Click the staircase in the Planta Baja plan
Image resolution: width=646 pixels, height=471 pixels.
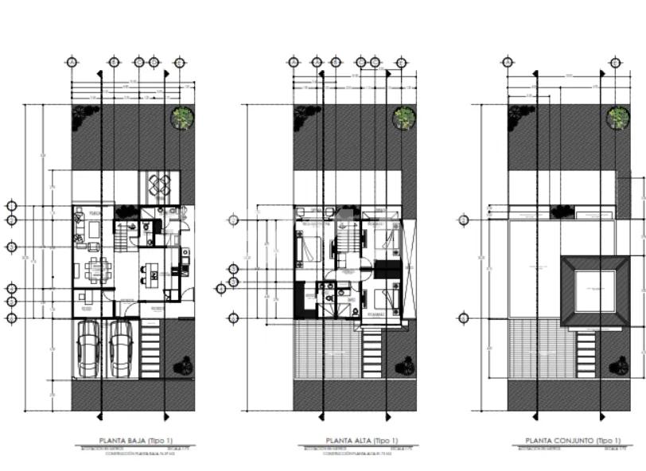[123, 235]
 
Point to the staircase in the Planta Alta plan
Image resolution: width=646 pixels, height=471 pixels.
[345, 239]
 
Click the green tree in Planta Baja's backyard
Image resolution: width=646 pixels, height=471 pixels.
[184, 118]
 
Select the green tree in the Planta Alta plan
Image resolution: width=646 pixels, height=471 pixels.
[405, 118]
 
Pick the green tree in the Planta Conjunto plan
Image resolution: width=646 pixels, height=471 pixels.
[618, 118]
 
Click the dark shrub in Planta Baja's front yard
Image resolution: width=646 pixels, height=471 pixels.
[185, 365]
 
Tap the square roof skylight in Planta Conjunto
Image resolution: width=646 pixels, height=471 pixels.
[596, 291]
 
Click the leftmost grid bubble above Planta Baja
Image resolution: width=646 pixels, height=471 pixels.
[72, 61]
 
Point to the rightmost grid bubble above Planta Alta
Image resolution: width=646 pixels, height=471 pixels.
[398, 61]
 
